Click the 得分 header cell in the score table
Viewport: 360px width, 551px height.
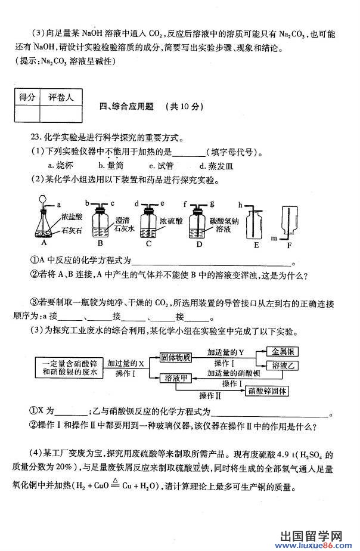[x=27, y=97]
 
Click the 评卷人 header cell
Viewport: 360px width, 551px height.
[x=61, y=97]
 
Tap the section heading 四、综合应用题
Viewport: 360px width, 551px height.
[x=126, y=107]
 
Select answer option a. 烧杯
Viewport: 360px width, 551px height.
[x=60, y=165]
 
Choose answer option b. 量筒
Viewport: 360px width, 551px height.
[x=111, y=165]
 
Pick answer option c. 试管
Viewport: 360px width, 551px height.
[x=161, y=166]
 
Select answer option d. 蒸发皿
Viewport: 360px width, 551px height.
[x=216, y=166]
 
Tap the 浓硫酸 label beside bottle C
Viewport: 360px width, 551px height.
[x=171, y=221]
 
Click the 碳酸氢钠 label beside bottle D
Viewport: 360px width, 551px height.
[x=224, y=221]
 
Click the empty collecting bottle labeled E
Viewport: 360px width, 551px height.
[x=254, y=224]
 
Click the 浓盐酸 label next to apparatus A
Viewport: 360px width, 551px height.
[x=72, y=217]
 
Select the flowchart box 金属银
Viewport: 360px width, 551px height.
[x=283, y=351]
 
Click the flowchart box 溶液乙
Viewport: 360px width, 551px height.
[x=283, y=366]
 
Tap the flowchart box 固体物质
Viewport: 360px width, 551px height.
[x=176, y=358]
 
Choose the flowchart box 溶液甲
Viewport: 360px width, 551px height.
[x=176, y=378]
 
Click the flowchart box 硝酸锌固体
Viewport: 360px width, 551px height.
[x=267, y=391]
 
